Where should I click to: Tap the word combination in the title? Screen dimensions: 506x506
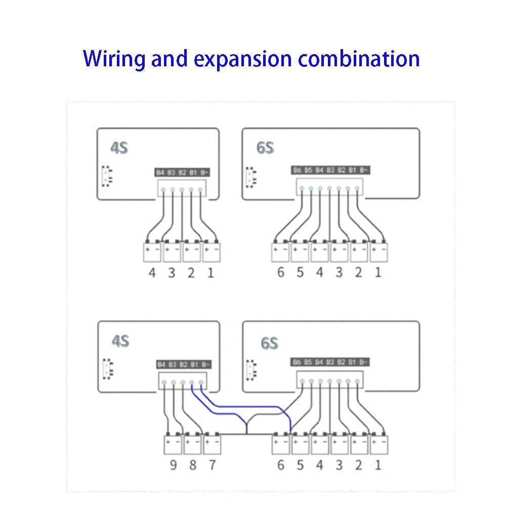tap(359, 59)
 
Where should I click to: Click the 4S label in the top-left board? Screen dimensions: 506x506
tap(119, 148)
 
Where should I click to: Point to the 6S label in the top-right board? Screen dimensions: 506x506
tap(265, 148)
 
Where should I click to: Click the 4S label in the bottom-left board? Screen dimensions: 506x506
tap(120, 341)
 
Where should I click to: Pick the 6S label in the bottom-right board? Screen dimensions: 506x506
tap(269, 343)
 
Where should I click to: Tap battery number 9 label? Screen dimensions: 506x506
tap(173, 465)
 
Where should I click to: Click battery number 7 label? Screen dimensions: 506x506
tap(212, 465)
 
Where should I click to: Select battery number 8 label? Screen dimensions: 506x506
tap(192, 465)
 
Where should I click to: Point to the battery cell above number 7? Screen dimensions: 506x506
tap(212, 444)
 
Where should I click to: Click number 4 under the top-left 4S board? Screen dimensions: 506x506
tap(152, 273)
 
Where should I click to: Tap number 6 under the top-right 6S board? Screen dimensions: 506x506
tap(280, 273)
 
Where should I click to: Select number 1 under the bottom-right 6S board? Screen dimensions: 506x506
tap(377, 465)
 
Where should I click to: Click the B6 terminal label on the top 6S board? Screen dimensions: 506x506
tap(297, 171)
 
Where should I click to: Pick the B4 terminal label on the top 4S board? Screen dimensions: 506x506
tap(160, 173)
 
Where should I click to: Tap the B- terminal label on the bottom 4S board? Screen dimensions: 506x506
tap(205, 364)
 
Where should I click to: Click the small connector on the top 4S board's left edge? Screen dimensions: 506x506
tap(106, 175)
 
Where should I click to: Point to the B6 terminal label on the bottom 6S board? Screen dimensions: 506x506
tap(297, 362)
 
